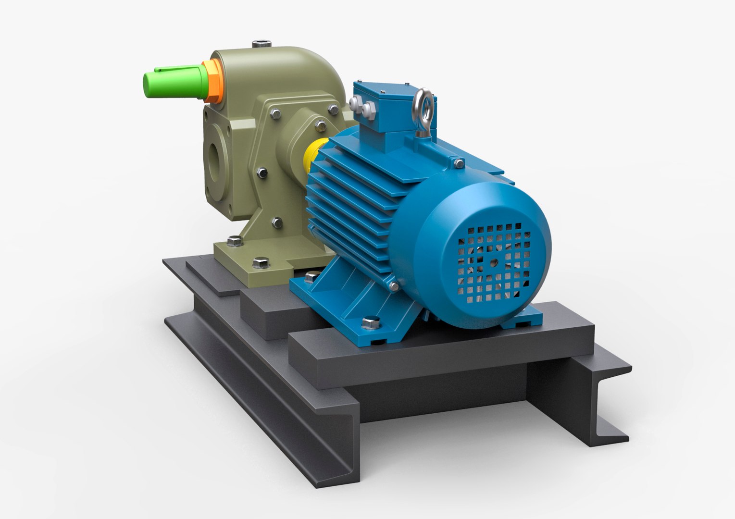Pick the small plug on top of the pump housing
[x=262, y=45]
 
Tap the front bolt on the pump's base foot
[x=260, y=262]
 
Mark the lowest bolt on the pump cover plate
[x=277, y=222]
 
